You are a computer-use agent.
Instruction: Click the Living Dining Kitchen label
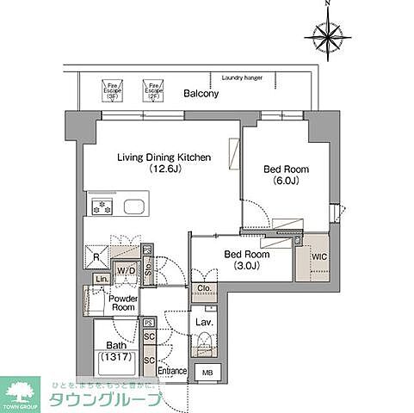tap(161, 157)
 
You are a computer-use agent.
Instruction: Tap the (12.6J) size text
tap(161, 170)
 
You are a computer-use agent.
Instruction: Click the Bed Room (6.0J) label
tap(286, 175)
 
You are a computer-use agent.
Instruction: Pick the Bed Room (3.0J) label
tap(247, 260)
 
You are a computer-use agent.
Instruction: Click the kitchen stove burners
tap(102, 206)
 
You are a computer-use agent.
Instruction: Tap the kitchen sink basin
tap(137, 206)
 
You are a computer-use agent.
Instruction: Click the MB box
tap(207, 372)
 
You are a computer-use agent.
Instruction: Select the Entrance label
tap(173, 371)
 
